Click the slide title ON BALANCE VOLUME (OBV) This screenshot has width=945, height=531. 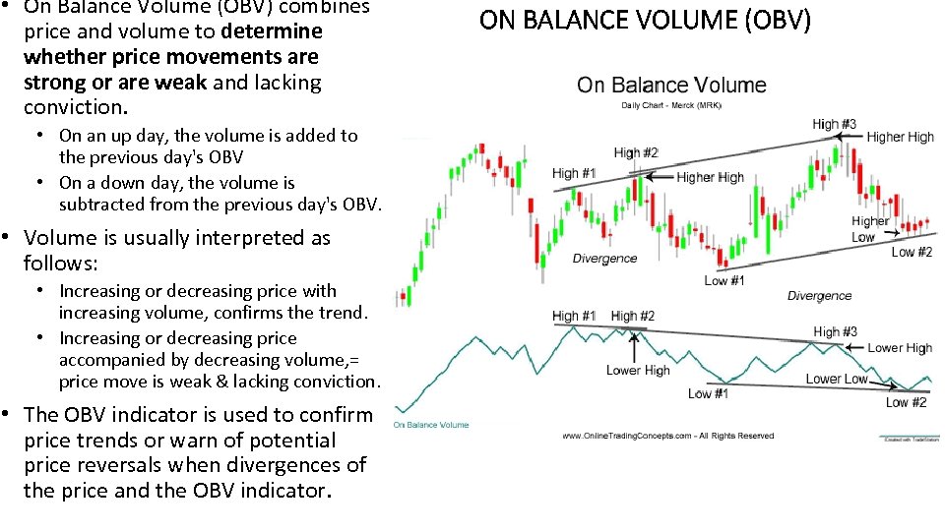coord(645,20)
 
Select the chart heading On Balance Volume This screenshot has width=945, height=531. coord(671,85)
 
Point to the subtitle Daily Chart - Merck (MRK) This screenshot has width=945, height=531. coord(670,105)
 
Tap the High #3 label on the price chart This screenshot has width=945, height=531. coord(834,124)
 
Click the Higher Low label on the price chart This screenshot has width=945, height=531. coord(870,229)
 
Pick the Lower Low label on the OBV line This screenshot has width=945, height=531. coord(836,379)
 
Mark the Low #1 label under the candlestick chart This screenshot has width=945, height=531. coord(724,281)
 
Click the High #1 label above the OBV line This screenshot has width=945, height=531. coord(574,316)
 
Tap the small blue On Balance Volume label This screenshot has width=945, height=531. coord(431,425)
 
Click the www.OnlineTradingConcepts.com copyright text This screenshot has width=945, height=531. coord(668,436)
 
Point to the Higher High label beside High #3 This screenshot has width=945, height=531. coord(900,137)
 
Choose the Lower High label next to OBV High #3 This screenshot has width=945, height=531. coord(899,348)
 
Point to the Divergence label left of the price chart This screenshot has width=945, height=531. coord(604,259)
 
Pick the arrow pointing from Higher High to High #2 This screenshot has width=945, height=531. coord(660,177)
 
